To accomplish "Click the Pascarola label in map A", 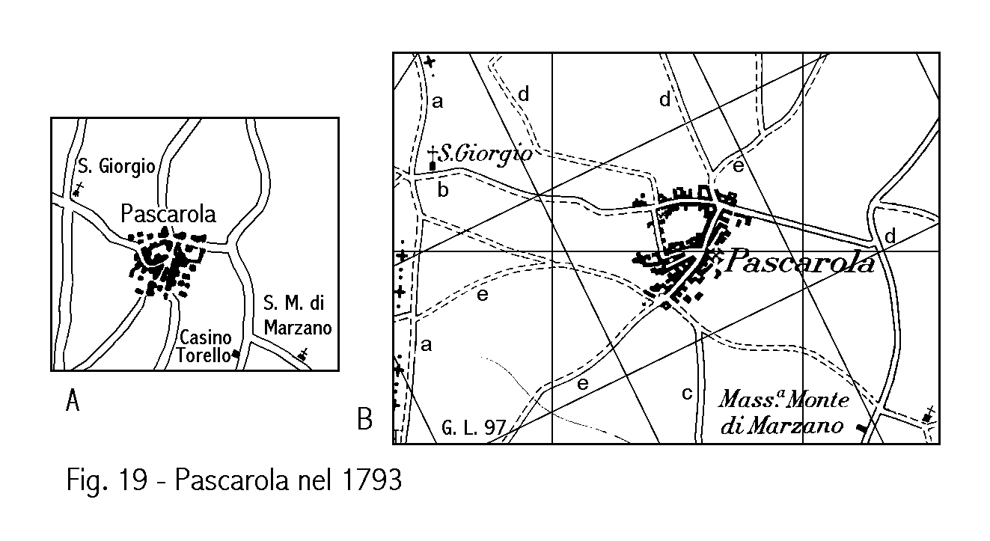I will [x=168, y=214].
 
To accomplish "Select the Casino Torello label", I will [x=204, y=346].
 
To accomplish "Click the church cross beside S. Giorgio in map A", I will [x=77, y=189].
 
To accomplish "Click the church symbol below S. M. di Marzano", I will [x=303, y=355].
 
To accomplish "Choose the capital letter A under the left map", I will [x=73, y=403].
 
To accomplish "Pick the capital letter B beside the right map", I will [x=364, y=420].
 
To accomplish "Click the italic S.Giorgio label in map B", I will [x=485, y=154].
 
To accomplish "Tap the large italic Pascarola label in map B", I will [x=799, y=262].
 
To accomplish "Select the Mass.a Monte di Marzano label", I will [x=783, y=412].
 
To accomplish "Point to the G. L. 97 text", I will [x=474, y=429].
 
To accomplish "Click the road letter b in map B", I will [x=443, y=190].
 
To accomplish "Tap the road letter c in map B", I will [x=687, y=394].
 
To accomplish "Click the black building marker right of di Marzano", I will [x=863, y=427].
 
